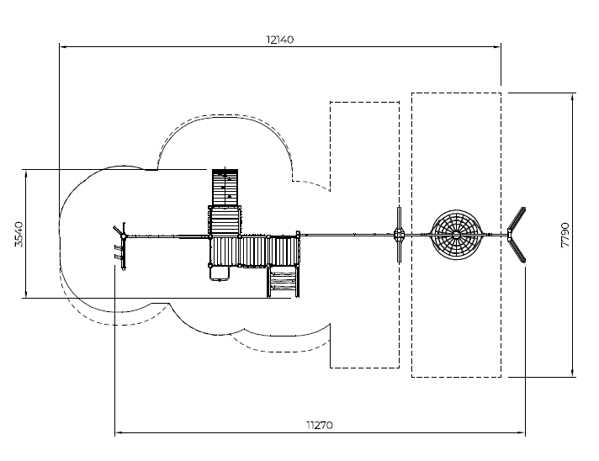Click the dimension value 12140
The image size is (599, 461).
280,40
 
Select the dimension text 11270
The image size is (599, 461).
319,425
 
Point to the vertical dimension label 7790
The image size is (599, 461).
565,234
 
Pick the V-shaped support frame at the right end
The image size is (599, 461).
517,235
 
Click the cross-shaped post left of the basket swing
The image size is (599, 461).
399,235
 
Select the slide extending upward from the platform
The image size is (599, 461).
225,186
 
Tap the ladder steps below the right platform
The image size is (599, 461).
283,280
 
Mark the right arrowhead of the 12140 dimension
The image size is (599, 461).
497,47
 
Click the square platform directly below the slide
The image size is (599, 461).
225,220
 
